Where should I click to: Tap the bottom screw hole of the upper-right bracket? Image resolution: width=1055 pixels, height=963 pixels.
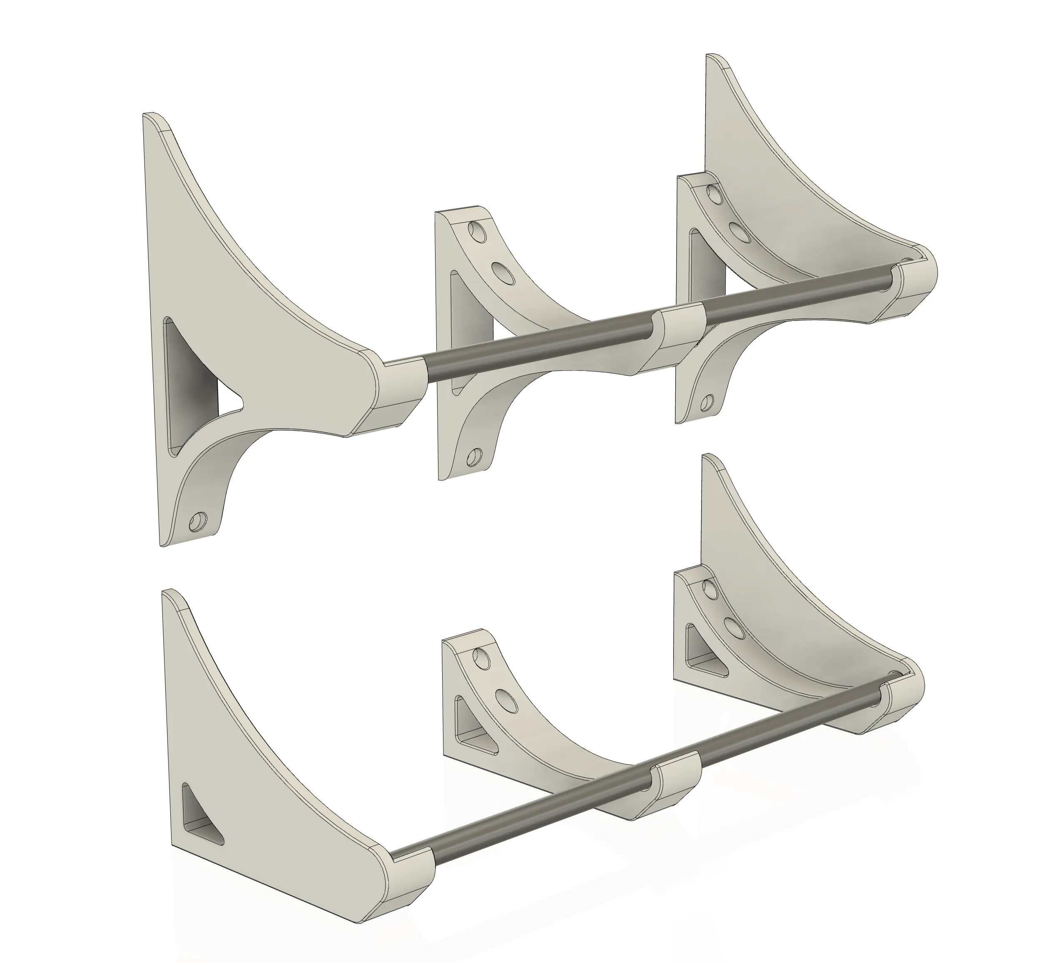tap(707, 402)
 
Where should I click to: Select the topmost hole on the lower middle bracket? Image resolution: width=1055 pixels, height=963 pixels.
tap(480, 656)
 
